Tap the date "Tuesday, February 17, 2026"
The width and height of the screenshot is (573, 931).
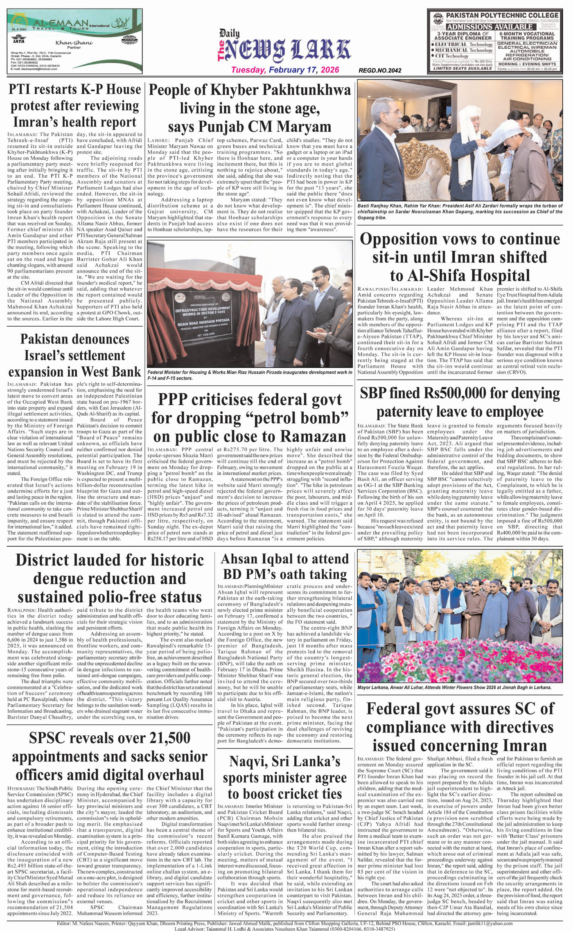(x=285, y=70)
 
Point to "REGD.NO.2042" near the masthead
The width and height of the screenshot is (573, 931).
(x=379, y=70)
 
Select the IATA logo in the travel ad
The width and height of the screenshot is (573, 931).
(x=18, y=41)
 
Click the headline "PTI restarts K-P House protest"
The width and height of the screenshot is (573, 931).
(x=74, y=106)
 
